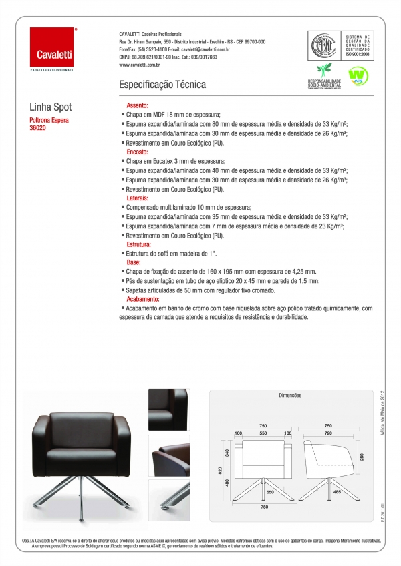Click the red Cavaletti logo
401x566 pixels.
click(x=53, y=47)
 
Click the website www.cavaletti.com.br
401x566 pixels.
click(x=139, y=65)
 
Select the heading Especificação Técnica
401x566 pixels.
click(x=162, y=85)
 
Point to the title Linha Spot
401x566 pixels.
click(x=51, y=107)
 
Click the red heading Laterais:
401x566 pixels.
click(x=138, y=198)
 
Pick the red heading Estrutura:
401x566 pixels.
click(x=139, y=245)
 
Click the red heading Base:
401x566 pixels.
click(x=134, y=263)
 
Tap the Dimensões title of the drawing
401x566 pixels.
click(x=290, y=396)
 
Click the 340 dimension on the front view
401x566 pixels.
click(x=229, y=453)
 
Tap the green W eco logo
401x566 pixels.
click(x=356, y=72)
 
